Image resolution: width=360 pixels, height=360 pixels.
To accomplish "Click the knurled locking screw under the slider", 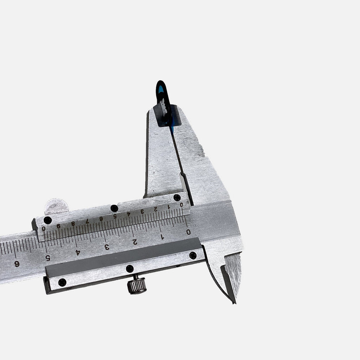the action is pyautogui.click(x=137, y=285).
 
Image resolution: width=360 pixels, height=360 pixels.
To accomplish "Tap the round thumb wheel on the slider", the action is pyautogui.click(x=57, y=206).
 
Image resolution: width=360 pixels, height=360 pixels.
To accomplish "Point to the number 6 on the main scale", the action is pyautogui.click(x=17, y=264).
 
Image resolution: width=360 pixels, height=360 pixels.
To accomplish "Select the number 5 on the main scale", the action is pyautogui.click(x=48, y=258).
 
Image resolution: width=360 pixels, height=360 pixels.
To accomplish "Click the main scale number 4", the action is pyautogui.click(x=78, y=252).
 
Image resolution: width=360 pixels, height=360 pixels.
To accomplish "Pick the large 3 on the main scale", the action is pyautogui.click(x=107, y=247).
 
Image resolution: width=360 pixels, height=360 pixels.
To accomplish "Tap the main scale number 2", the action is pyautogui.click(x=135, y=242).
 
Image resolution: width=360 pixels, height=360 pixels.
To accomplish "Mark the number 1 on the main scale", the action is pyautogui.click(x=162, y=237).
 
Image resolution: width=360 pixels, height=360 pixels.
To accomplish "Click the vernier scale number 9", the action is pyautogui.click(x=58, y=226).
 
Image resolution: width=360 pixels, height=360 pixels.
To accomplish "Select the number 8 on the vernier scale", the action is pyautogui.click(x=73, y=223).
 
